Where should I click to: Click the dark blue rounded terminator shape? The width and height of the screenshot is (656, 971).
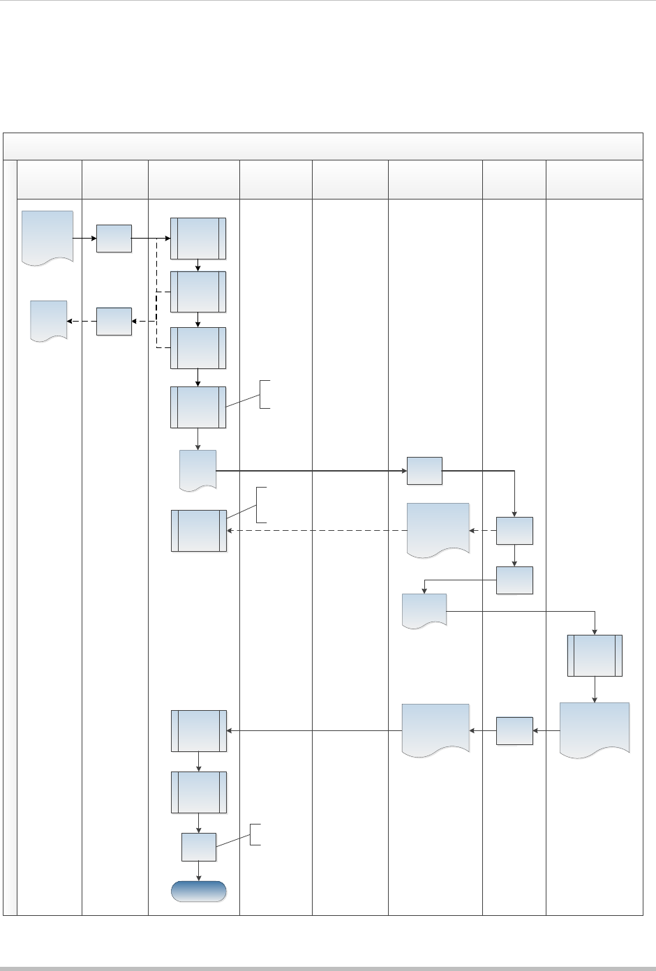(199, 891)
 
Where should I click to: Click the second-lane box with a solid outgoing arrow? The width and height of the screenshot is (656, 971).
(114, 238)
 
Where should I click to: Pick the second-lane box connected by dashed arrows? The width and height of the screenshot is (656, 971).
(114, 321)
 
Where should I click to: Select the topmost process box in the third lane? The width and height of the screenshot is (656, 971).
(199, 238)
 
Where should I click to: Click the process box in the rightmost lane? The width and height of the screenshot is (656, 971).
(595, 655)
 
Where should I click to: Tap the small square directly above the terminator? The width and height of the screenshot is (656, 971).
(199, 847)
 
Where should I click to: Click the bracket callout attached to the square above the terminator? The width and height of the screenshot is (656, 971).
(255, 834)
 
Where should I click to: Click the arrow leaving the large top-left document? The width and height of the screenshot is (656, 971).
(84, 238)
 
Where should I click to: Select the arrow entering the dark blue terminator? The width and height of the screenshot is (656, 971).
(199, 871)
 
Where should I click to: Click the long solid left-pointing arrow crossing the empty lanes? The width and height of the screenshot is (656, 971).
(314, 731)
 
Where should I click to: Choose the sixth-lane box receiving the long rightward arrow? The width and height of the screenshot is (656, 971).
(424, 471)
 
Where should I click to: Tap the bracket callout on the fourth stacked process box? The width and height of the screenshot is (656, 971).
(264, 394)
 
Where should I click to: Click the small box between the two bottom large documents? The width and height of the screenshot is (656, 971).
(514, 730)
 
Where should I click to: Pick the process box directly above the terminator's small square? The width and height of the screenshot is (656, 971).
(199, 792)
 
